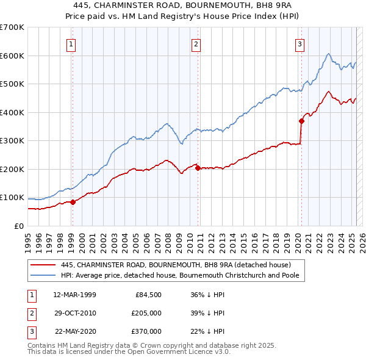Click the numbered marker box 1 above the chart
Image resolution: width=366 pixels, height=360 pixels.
71,44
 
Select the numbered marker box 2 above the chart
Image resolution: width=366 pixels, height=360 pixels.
196,44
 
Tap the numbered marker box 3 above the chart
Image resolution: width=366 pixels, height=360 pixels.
300,44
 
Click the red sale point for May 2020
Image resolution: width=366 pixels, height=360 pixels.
301,121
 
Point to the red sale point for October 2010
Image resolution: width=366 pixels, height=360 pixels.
198,168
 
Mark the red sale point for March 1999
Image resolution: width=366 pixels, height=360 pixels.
73,202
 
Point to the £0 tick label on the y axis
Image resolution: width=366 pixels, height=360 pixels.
18,226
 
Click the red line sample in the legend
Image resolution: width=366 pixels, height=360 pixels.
43,265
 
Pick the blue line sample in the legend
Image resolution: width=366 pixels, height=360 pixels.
43,275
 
